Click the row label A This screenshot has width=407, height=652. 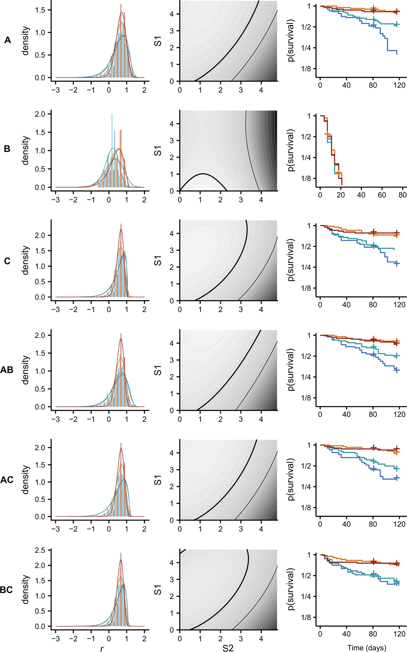[8, 40]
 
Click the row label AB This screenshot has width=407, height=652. [7, 370]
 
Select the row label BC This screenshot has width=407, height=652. [6, 590]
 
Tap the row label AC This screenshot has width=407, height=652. [7, 480]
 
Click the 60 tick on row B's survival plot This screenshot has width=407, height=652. [382, 195]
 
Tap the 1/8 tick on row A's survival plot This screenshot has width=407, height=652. [306, 69]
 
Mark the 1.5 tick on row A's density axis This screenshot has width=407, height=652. [40, 10]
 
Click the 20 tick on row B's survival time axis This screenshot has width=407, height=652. [341, 195]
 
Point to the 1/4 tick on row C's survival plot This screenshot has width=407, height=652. [306, 267]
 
